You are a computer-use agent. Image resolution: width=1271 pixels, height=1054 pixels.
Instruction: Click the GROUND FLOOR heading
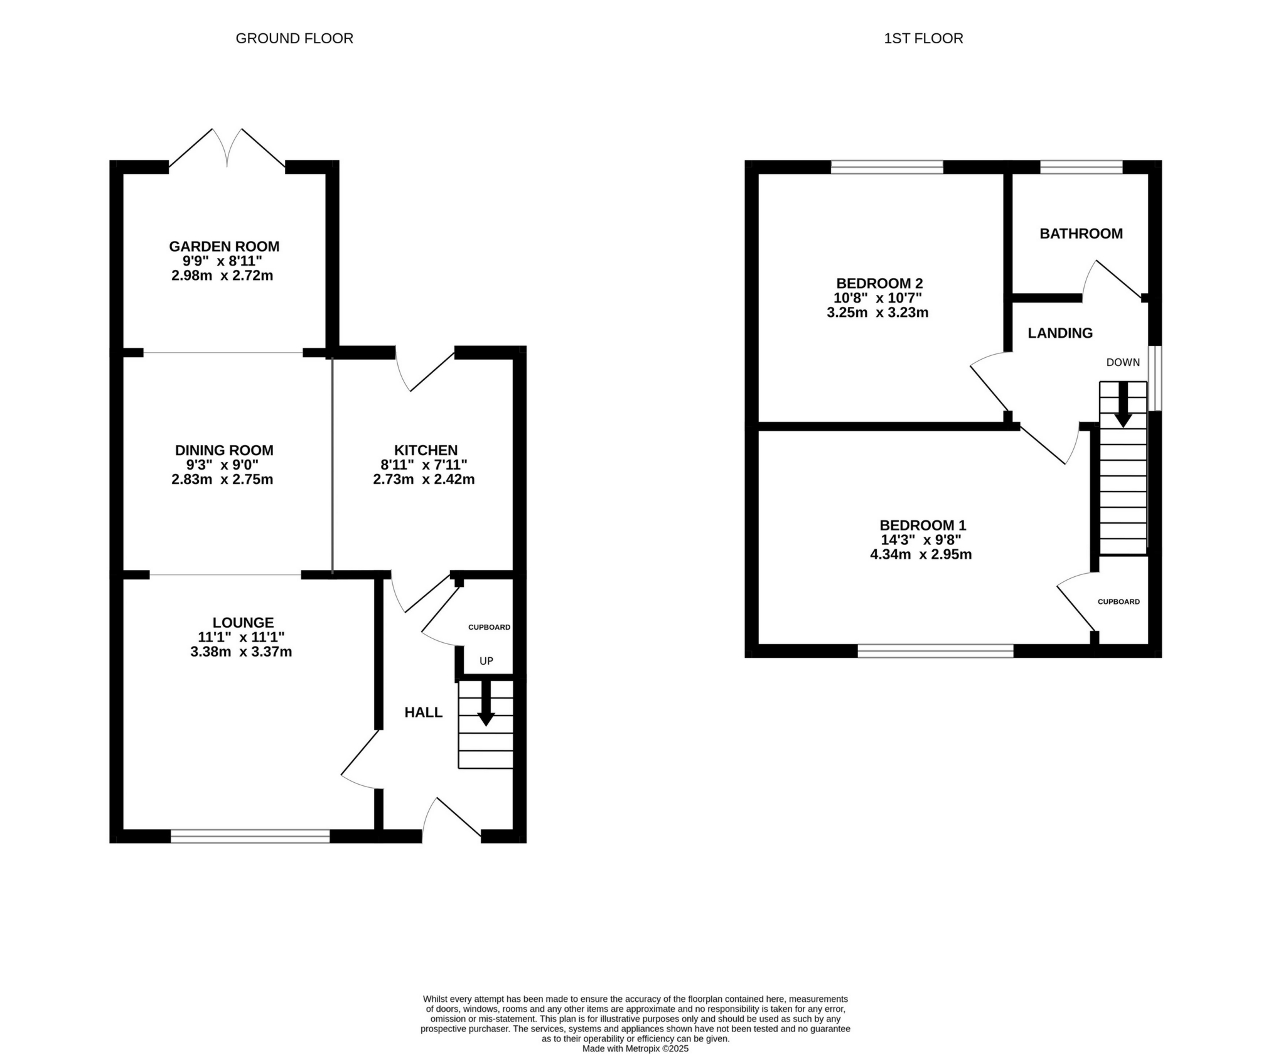[294, 38]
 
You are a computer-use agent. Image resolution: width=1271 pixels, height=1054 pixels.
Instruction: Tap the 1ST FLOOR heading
[923, 38]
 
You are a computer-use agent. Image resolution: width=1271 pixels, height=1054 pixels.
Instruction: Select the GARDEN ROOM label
[224, 246]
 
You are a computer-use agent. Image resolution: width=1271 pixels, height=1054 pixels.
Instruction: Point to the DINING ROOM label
[224, 450]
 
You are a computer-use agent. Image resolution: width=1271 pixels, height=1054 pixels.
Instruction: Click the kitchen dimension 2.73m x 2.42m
[424, 480]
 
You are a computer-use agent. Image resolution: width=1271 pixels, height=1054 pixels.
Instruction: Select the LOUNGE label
[243, 622]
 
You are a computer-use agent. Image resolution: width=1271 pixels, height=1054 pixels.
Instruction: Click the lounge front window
[250, 836]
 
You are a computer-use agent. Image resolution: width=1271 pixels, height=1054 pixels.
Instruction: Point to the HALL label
[423, 712]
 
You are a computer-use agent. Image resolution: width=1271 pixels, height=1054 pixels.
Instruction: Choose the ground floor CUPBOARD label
[489, 627]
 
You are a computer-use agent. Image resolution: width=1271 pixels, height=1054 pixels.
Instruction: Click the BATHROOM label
[1081, 234]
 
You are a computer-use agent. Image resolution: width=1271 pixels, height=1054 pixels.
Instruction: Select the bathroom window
[1081, 167]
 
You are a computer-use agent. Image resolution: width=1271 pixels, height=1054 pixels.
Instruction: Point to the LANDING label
[1059, 333]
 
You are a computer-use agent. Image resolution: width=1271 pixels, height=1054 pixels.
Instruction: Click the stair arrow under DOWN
[1122, 405]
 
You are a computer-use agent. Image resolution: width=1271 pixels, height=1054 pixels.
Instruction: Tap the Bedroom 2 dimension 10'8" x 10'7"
[877, 298]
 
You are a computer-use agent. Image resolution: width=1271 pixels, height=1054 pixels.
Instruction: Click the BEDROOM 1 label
[922, 525]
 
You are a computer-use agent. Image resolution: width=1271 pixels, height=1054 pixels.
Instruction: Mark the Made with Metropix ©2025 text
[635, 1048]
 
